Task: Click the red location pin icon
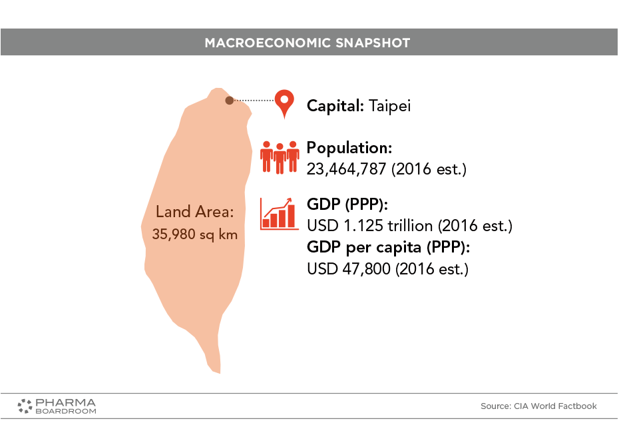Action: coord(285,102)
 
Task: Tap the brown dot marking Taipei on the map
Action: coord(230,101)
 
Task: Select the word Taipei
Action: coord(389,106)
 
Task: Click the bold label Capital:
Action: coord(335,106)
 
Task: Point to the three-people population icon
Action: coord(280,157)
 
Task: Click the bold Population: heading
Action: coord(349,148)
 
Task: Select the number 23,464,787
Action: coord(346,169)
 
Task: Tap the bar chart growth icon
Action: coord(279,214)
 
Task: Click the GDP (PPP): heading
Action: coord(347,205)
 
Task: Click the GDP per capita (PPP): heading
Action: coord(389,247)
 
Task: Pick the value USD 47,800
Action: coord(349,269)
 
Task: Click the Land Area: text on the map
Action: coord(194,212)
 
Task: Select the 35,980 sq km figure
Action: coord(194,234)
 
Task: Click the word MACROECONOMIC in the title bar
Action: coord(268,43)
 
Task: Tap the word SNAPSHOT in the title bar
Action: coord(373,43)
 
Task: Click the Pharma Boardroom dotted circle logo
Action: coord(25,406)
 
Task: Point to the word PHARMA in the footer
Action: coord(65,403)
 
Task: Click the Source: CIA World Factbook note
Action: coord(538,406)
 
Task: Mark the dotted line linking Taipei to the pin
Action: coord(254,101)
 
